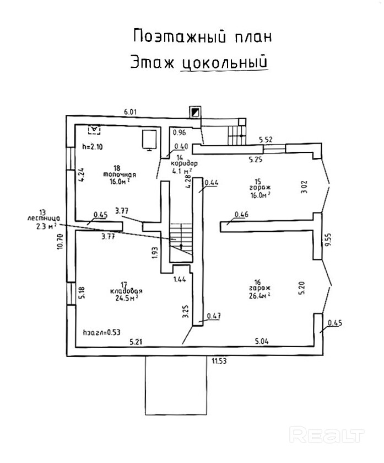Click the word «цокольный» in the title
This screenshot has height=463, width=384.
[224, 62]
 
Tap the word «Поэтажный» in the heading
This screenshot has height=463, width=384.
[180, 36]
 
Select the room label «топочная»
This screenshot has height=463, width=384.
[120, 174]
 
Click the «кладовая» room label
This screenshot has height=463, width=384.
[126, 291]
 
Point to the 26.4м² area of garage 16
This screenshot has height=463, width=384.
[259, 295]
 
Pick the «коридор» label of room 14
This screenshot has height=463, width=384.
[184, 163]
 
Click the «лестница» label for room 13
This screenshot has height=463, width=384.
[44, 219]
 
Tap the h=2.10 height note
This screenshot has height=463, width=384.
[93, 146]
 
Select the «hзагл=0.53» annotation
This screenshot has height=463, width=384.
[102, 332]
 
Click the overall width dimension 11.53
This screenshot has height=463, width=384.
[219, 361]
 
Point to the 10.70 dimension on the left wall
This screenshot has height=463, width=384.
[60, 242]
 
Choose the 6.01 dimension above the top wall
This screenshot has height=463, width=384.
[130, 112]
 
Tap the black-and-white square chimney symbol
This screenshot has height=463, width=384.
[195, 112]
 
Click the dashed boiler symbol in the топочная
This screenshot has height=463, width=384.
[94, 129]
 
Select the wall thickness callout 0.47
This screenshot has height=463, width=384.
[214, 316]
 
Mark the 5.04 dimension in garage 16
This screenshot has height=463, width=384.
[262, 342]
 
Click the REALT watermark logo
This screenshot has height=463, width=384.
[327, 434]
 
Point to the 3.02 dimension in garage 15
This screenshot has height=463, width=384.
[305, 187]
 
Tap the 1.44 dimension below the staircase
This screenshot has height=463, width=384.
[180, 279]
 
